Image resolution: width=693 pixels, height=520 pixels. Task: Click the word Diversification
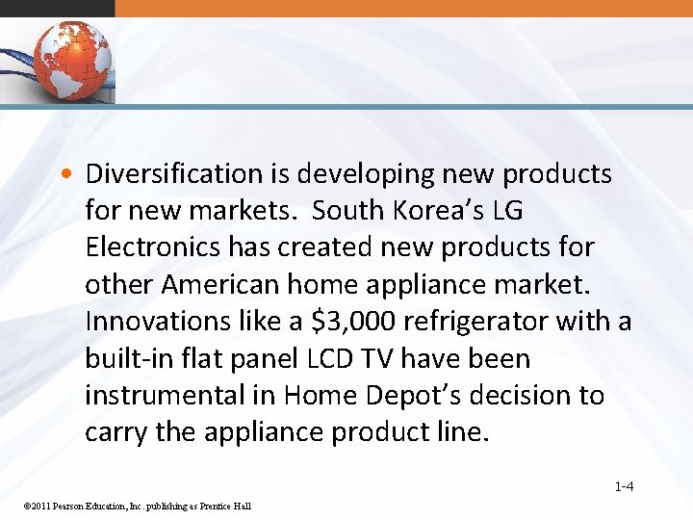[173, 174]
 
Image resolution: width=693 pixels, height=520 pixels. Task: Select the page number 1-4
[624, 486]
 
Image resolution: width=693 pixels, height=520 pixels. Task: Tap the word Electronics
[153, 247]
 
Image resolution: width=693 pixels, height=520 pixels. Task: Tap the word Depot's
[422, 396]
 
